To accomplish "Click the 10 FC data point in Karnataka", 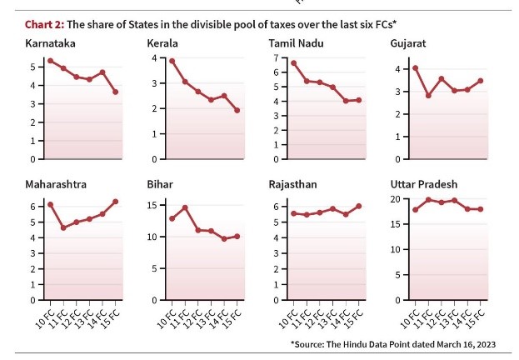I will tap(51, 61).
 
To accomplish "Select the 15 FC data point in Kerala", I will tap(237, 110).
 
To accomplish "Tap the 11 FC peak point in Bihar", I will tap(185, 207).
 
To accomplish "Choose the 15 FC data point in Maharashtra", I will tap(116, 202).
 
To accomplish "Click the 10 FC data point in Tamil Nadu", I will tap(294, 62).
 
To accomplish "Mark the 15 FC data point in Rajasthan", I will tap(359, 206).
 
